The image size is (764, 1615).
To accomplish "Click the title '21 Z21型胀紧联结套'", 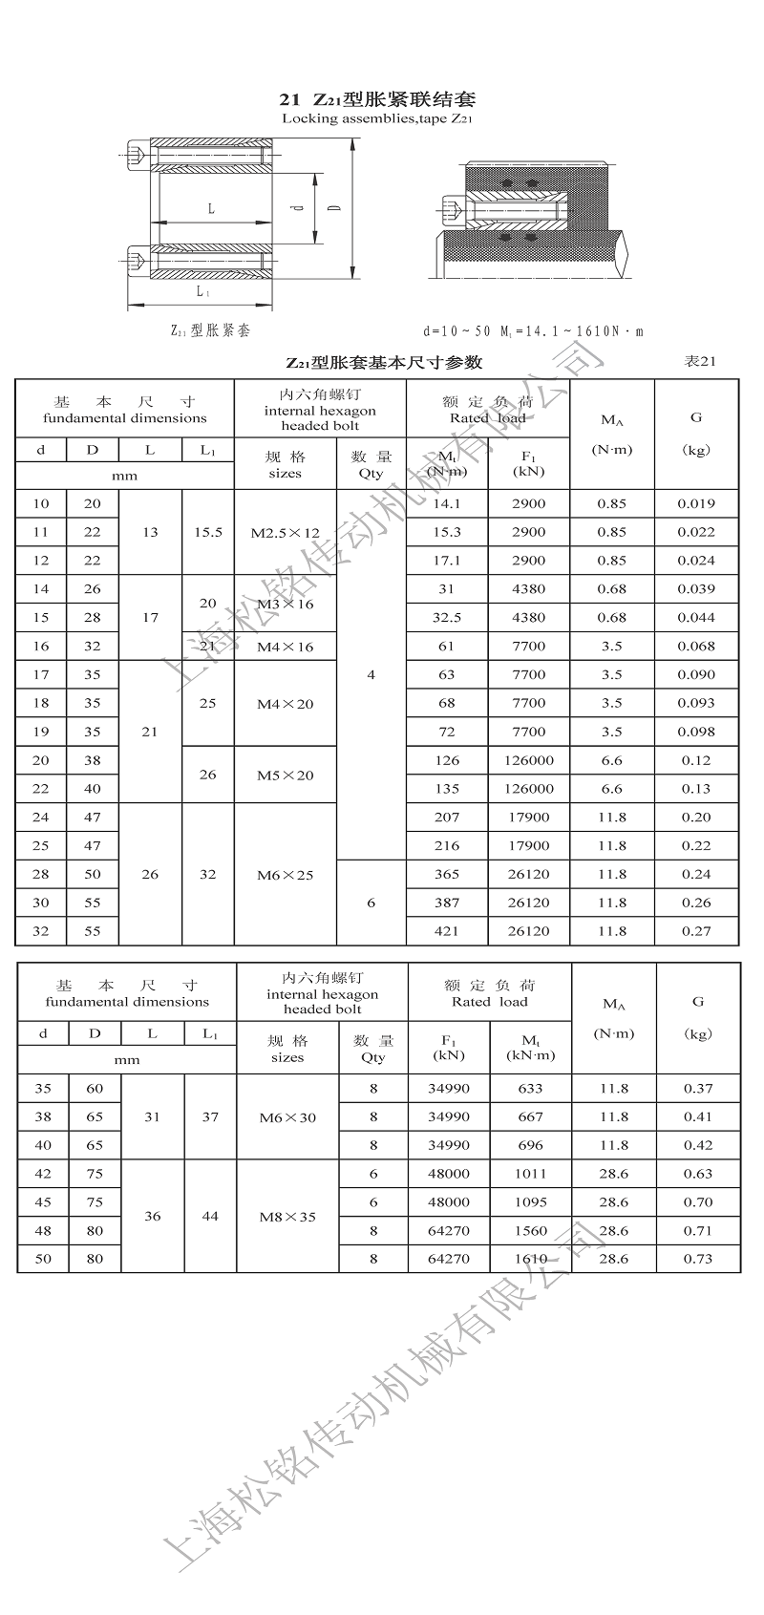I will [377, 99].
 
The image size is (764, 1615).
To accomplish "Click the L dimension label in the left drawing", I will [211, 208].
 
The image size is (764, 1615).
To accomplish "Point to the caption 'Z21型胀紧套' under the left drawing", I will [210, 330].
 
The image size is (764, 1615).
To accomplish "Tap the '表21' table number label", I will [700, 361].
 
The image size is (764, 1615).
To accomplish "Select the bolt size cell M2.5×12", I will [285, 532].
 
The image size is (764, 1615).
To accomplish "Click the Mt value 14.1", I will [446, 503].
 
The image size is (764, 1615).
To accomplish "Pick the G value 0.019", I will [696, 503].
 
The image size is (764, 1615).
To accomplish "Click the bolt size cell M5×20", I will [285, 775].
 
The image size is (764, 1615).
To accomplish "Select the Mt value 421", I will [446, 931].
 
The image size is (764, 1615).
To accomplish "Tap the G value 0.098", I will [696, 732].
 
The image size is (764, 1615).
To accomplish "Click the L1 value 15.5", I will [207, 532].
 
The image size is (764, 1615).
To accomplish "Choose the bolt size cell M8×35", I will [286, 1217].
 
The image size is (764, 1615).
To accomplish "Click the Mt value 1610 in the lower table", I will [530, 1259].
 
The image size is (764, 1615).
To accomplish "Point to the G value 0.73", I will [698, 1259].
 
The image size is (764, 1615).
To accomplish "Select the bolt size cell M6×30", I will [286, 1117].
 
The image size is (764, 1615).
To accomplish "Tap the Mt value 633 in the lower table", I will [530, 1088].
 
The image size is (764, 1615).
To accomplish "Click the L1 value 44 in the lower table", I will [210, 1216].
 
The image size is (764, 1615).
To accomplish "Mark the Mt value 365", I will [446, 874].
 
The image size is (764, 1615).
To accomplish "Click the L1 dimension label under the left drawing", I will [202, 291].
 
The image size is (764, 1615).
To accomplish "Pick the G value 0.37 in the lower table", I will [698, 1088].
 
